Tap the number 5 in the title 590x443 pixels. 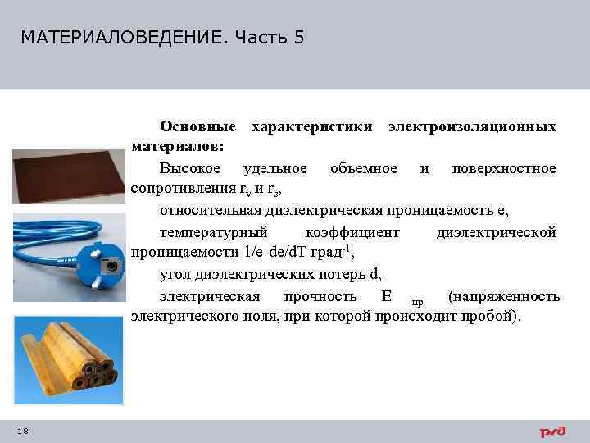click(297, 38)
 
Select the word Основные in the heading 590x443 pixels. click(199, 127)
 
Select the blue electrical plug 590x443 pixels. click(102, 264)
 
